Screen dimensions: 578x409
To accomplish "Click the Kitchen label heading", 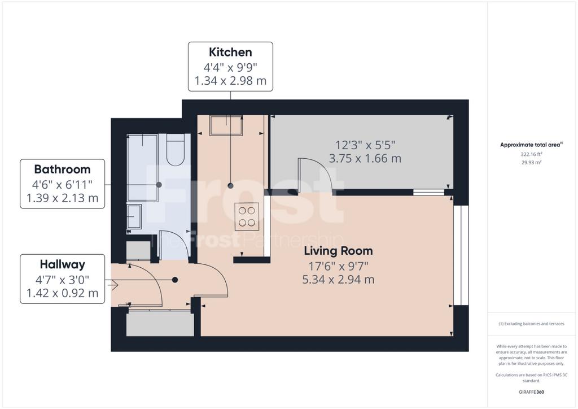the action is (x=230, y=52).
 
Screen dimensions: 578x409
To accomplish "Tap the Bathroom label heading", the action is (x=62, y=169).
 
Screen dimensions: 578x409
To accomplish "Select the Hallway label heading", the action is (x=62, y=264).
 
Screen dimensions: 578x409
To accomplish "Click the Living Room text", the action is (x=339, y=251).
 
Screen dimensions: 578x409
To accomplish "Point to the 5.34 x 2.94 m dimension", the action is (x=339, y=280).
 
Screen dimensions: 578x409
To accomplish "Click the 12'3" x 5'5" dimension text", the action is (x=365, y=145).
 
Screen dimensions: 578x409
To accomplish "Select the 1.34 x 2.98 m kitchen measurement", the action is (x=230, y=81).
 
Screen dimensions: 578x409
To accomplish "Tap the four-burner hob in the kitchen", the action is (x=247, y=216).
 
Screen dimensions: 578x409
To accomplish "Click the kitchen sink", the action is (x=226, y=125).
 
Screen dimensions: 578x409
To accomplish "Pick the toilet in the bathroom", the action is (x=175, y=149).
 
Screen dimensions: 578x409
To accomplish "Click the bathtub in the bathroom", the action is (x=142, y=167).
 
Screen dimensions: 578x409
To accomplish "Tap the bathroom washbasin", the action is (x=134, y=217).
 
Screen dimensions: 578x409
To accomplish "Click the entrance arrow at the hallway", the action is (x=112, y=285).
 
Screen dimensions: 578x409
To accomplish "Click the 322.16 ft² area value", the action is (x=531, y=154).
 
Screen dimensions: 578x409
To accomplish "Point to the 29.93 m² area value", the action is (x=531, y=162).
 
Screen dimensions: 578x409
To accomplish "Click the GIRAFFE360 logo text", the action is (x=531, y=392).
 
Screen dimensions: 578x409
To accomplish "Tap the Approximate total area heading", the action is (x=531, y=145).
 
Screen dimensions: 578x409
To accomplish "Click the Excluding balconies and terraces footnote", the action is (x=531, y=324).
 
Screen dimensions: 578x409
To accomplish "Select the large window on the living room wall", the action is (x=461, y=255).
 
